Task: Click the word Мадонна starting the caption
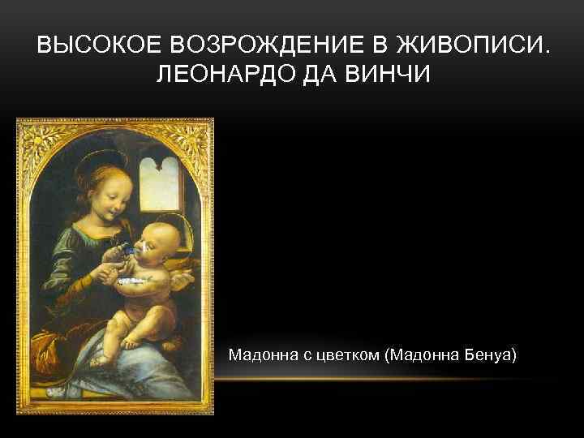(x=259, y=355)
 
